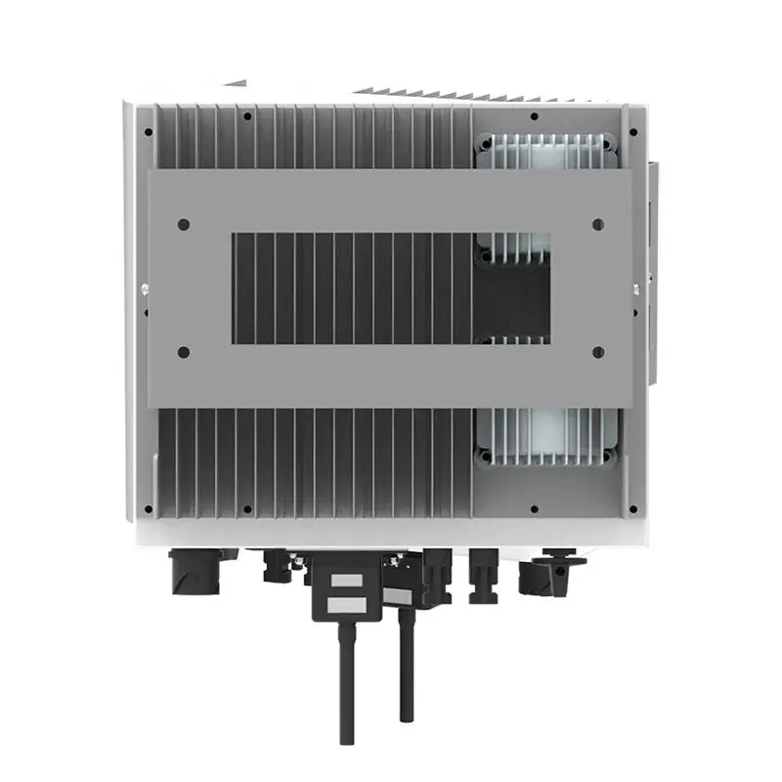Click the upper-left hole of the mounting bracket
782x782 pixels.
pos(184,224)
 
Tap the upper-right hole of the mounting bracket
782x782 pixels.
pos(598,224)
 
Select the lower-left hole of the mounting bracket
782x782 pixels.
pos(184,352)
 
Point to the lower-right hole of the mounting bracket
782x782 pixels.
pos(598,352)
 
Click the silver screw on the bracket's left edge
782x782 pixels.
pos(145,287)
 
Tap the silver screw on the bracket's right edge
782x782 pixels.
pos(636,287)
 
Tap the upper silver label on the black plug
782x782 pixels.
pos(345,581)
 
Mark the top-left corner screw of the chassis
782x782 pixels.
pos(148,131)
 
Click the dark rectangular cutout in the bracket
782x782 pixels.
pos(391,287)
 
